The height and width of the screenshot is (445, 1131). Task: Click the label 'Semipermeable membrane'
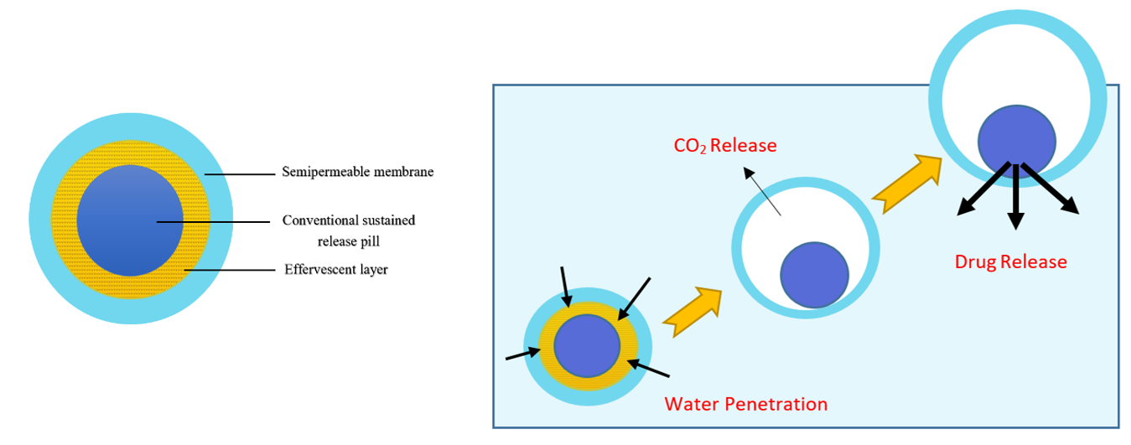pyautogui.click(x=357, y=172)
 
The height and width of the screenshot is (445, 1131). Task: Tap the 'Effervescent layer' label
pyautogui.click(x=335, y=269)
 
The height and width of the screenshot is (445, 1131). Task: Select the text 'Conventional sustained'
pyautogui.click(x=349, y=220)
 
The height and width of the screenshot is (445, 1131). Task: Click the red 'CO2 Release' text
pyautogui.click(x=725, y=146)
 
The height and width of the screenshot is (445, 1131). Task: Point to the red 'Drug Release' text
pyautogui.click(x=1011, y=261)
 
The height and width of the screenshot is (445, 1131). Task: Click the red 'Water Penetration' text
pyautogui.click(x=745, y=404)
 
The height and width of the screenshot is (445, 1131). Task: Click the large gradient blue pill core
pyautogui.click(x=130, y=220)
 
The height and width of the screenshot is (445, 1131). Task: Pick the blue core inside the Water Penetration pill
pyautogui.click(x=587, y=346)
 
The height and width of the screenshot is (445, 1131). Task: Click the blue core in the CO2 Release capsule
pyautogui.click(x=814, y=275)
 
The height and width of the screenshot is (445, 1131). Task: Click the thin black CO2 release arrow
pyautogui.click(x=762, y=192)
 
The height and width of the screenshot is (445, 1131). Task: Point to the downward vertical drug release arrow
pyautogui.click(x=1016, y=196)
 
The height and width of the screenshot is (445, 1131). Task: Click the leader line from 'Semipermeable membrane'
pyautogui.click(x=239, y=174)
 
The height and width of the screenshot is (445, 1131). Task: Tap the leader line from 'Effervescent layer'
pyautogui.click(x=230, y=270)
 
